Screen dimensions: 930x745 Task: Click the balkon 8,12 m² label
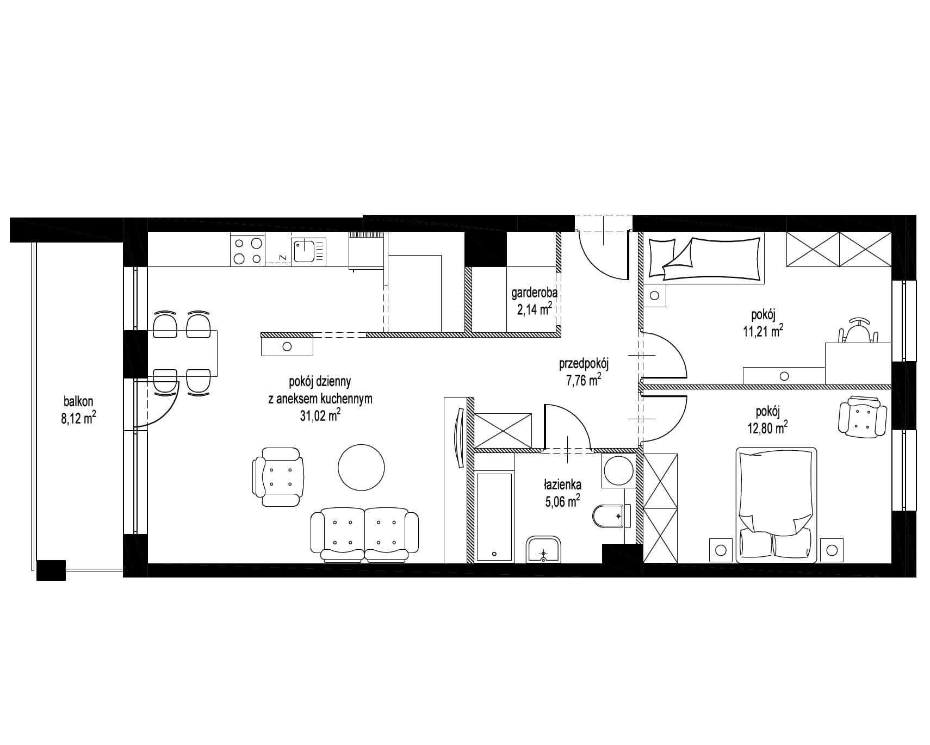pos(78,410)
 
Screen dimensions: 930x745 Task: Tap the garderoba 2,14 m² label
pos(534,302)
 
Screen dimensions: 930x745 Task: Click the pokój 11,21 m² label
pos(763,322)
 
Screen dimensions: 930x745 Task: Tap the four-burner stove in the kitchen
pos(247,250)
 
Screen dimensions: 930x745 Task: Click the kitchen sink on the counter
pos(310,251)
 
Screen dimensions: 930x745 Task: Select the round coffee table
pos(361,467)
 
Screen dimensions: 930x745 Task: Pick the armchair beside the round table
pos(278,477)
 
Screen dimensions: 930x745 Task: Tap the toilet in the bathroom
pos(612,517)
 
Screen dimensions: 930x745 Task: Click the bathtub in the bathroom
pos(494,517)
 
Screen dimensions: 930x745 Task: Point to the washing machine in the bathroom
pos(618,471)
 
